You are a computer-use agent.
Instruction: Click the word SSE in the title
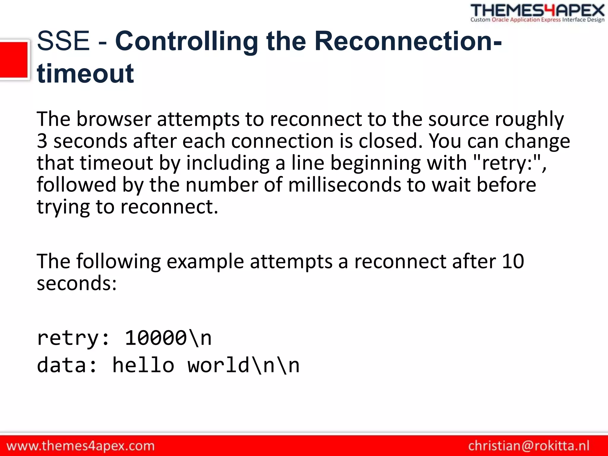[x=63, y=41]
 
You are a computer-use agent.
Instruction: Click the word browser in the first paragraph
[x=114, y=119]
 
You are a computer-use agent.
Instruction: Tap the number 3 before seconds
[x=42, y=141]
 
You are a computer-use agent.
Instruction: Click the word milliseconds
[x=344, y=185]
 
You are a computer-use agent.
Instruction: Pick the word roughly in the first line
[x=529, y=119]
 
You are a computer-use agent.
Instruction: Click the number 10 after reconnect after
[x=513, y=262]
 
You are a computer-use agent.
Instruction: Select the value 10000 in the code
[x=156, y=338]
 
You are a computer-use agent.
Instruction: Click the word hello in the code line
[x=143, y=365]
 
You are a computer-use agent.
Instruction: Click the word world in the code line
[x=218, y=365]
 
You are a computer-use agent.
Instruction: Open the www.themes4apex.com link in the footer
[x=80, y=446]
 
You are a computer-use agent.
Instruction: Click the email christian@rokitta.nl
[x=529, y=446]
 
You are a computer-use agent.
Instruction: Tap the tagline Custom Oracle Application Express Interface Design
[x=537, y=20]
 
